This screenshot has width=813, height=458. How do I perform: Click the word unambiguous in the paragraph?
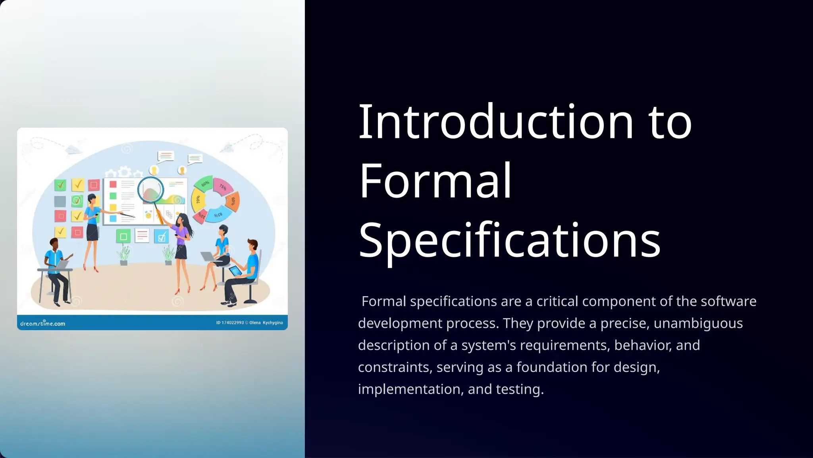[698, 323]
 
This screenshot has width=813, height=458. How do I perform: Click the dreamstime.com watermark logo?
[42, 323]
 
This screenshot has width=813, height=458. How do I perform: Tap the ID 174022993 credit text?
[230, 322]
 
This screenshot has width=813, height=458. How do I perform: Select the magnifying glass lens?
[150, 190]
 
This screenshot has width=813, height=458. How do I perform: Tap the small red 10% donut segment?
[200, 216]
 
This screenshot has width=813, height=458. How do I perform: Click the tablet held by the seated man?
[235, 271]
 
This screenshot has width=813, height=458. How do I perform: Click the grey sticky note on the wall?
[60, 201]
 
